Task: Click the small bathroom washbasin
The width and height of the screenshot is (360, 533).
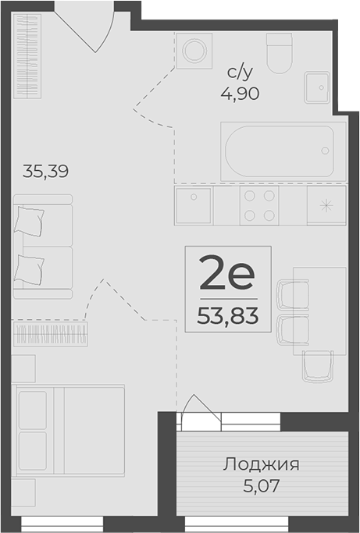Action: pyautogui.click(x=317, y=87)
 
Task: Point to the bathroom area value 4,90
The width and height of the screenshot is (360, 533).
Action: pyautogui.click(x=239, y=93)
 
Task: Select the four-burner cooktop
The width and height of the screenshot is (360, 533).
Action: pyautogui.click(x=259, y=206)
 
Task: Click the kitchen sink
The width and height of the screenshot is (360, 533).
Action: pyautogui.click(x=194, y=206)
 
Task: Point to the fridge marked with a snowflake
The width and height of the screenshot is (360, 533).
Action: pyautogui.click(x=326, y=206)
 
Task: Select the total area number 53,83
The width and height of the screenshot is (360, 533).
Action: pyautogui.click(x=228, y=316)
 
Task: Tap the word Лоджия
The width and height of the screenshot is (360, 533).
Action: pyautogui.click(x=261, y=465)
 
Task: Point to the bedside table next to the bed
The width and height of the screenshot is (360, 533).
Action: pyautogui.click(x=23, y=368)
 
